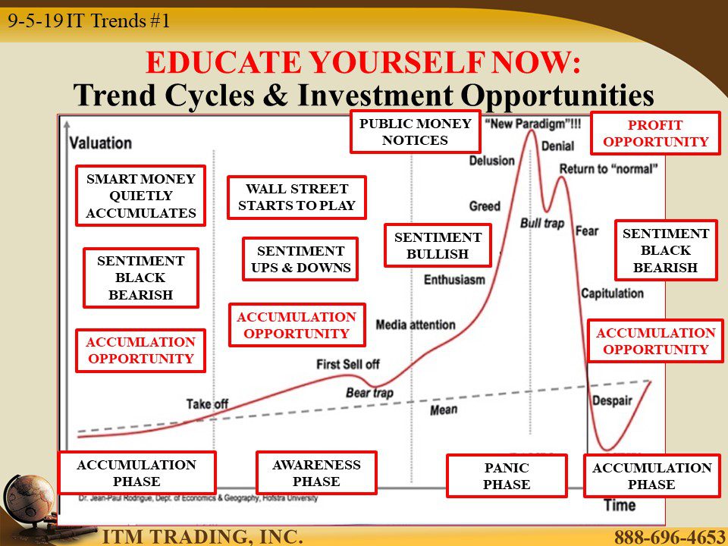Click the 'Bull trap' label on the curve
click(x=541, y=223)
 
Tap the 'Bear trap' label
click(x=369, y=393)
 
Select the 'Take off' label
click(x=207, y=404)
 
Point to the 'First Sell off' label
click(x=348, y=365)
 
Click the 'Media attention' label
click(x=416, y=325)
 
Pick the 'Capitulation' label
click(x=613, y=293)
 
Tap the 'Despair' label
click(x=612, y=400)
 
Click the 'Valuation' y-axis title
click(x=100, y=143)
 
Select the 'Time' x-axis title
click(x=620, y=505)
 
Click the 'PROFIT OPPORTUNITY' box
click(x=655, y=133)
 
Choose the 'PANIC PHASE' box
click(x=507, y=476)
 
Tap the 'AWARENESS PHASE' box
click(x=316, y=472)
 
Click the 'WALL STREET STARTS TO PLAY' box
click(x=297, y=197)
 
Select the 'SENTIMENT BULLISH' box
click(x=438, y=246)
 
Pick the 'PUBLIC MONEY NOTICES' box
click(x=415, y=131)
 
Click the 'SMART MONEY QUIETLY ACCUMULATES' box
click(x=141, y=196)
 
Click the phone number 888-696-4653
click(x=670, y=537)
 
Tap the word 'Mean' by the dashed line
click(x=444, y=410)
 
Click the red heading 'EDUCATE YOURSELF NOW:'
click(x=363, y=61)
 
